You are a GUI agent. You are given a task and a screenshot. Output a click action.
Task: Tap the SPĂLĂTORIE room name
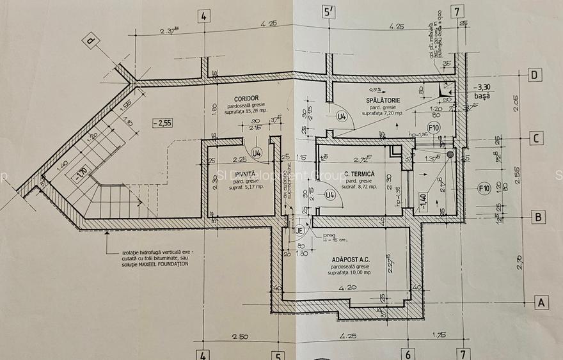(x=383, y=100)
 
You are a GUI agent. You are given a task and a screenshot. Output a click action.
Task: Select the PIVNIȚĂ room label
(x=245, y=174)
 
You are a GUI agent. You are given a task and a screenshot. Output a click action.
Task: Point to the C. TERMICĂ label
(x=358, y=174)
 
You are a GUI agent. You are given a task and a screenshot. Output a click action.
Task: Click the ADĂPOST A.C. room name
(x=351, y=260)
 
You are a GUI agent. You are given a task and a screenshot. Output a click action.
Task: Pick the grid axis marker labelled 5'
(x=329, y=12)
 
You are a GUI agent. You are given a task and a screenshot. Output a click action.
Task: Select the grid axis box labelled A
(x=541, y=303)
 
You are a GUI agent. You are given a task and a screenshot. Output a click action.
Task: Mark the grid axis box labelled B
(x=539, y=217)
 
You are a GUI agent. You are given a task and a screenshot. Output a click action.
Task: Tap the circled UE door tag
(x=299, y=230)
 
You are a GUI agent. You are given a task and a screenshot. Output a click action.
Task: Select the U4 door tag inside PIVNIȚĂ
(x=257, y=153)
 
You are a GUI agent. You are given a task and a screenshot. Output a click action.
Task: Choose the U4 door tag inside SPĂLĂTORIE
(x=342, y=117)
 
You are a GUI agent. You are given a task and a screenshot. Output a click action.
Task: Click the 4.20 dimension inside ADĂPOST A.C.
(x=348, y=288)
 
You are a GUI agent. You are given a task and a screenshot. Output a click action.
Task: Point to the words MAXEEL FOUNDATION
(x=157, y=263)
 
